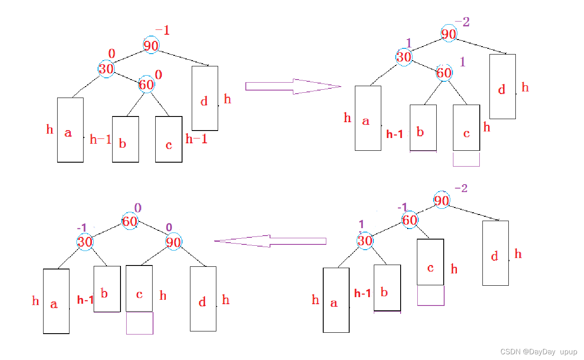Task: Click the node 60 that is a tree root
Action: click(130, 221)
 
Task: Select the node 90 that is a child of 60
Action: click(174, 242)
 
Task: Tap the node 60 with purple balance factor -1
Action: click(410, 219)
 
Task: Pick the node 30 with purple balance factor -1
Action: click(85, 242)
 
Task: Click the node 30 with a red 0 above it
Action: click(106, 69)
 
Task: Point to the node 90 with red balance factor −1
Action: click(151, 45)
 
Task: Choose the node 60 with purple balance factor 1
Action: click(444, 73)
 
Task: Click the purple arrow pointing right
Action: click(293, 86)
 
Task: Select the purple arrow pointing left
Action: click(270, 241)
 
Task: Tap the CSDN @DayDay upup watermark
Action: click(539, 352)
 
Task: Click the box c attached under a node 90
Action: click(139, 288)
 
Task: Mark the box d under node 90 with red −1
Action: click(204, 98)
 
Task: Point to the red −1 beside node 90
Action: click(162, 30)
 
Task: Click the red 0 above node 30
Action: click(111, 54)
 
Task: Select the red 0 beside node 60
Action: click(159, 75)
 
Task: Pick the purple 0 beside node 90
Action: click(169, 227)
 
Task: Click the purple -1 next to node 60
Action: click(402, 207)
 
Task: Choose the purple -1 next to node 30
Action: click(81, 228)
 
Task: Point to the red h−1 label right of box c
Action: click(196, 139)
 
